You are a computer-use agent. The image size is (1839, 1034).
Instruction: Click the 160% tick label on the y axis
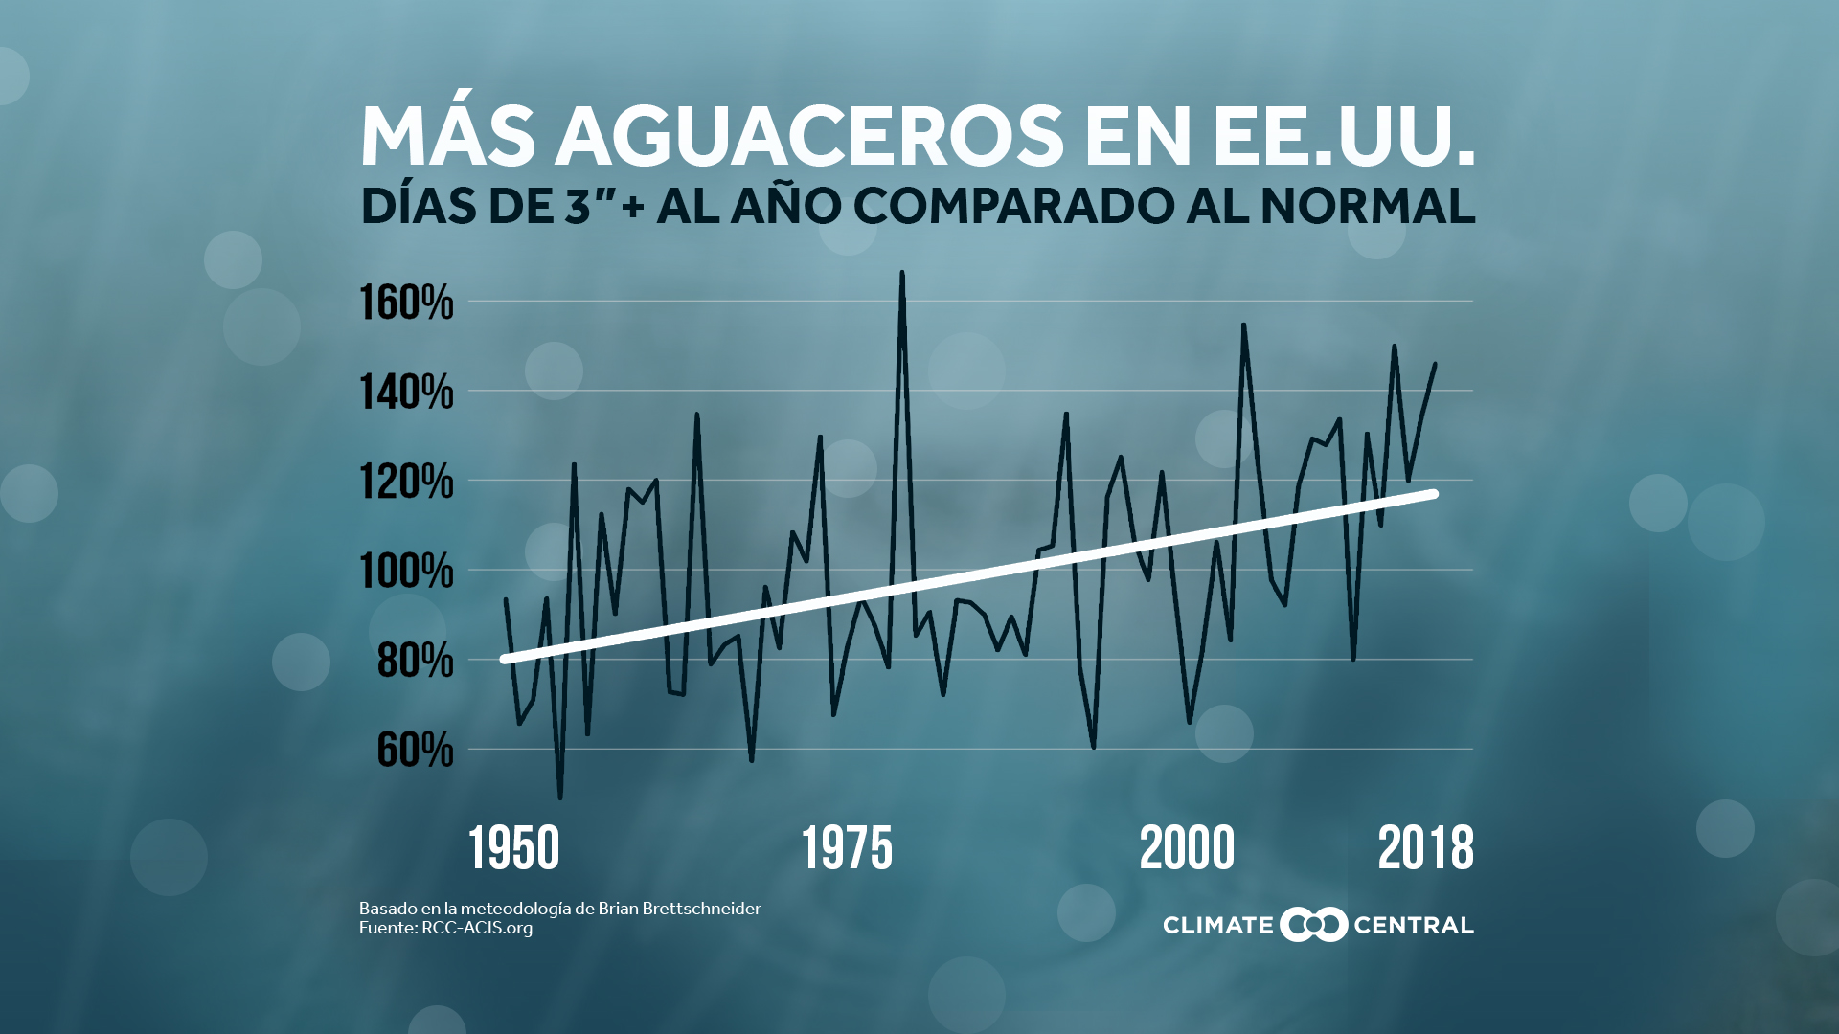point(406,303)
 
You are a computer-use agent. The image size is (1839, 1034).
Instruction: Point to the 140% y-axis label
point(406,392)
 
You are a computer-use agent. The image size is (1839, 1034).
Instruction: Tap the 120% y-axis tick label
point(406,482)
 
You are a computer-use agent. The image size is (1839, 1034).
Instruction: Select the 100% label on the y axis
point(406,572)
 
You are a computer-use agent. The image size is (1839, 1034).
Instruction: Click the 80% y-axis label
point(415,661)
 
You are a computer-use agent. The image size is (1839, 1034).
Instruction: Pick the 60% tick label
point(415,750)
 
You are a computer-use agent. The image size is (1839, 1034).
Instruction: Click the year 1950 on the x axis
point(514,849)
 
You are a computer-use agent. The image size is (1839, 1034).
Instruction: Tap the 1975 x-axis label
point(848,849)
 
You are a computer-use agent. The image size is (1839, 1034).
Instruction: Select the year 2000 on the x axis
point(1188,849)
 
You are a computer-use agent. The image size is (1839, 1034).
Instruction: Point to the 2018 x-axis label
point(1425,849)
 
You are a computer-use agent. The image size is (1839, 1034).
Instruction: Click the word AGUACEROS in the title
point(809,136)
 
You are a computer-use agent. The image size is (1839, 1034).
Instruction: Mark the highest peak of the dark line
point(902,273)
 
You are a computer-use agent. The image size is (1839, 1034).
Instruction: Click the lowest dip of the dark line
point(560,798)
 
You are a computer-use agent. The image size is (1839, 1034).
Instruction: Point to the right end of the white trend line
point(1434,494)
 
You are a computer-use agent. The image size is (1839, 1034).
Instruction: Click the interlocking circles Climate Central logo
point(1313,925)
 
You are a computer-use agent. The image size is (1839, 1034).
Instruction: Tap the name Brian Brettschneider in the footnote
point(679,909)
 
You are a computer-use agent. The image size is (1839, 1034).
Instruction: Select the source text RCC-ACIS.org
point(477,928)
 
